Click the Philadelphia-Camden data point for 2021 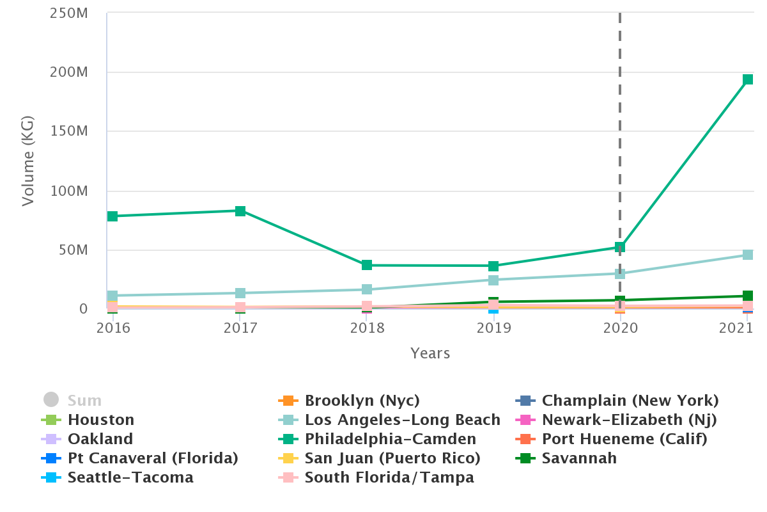click(x=748, y=80)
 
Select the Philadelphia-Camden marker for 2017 click(x=240, y=211)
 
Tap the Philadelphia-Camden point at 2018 click(x=367, y=265)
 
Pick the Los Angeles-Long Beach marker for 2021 click(x=748, y=255)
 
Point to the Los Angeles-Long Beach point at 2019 click(x=493, y=280)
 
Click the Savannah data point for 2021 click(x=748, y=296)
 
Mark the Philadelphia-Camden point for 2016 click(x=112, y=216)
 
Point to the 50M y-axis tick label click(x=73, y=250)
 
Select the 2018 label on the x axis click(x=367, y=328)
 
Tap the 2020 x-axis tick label click(x=620, y=328)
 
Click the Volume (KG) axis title click(x=28, y=161)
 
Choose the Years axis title click(x=430, y=353)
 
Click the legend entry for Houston click(x=101, y=420)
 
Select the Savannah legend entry click(x=579, y=458)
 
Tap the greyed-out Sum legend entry click(x=84, y=401)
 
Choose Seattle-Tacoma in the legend click(x=130, y=477)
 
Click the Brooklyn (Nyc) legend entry click(x=362, y=401)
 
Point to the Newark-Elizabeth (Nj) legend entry click(x=629, y=420)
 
